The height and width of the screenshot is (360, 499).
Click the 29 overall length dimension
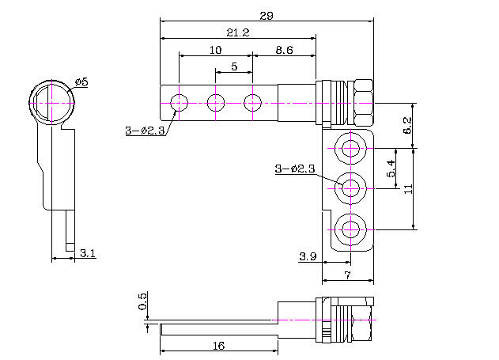click(x=265, y=14)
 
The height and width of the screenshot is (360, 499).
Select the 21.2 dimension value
click(x=237, y=32)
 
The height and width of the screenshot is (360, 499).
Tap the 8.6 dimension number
click(x=284, y=50)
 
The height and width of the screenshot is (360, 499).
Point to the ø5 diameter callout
click(x=81, y=82)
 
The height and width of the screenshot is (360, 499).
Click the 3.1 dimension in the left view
click(x=88, y=253)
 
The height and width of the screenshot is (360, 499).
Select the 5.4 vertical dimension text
click(x=391, y=168)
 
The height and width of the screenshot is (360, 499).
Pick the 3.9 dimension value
click(x=308, y=256)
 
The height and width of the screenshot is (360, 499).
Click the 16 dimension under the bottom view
click(x=219, y=346)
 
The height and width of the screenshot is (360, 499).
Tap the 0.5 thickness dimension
click(x=143, y=302)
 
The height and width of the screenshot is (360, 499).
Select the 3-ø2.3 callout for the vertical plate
click(x=294, y=169)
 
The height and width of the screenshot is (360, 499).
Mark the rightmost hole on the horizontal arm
click(x=253, y=102)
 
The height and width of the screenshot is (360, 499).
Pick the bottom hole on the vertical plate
click(x=350, y=229)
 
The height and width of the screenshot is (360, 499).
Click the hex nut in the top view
click(x=361, y=103)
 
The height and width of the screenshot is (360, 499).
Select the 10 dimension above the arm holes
click(x=215, y=50)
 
